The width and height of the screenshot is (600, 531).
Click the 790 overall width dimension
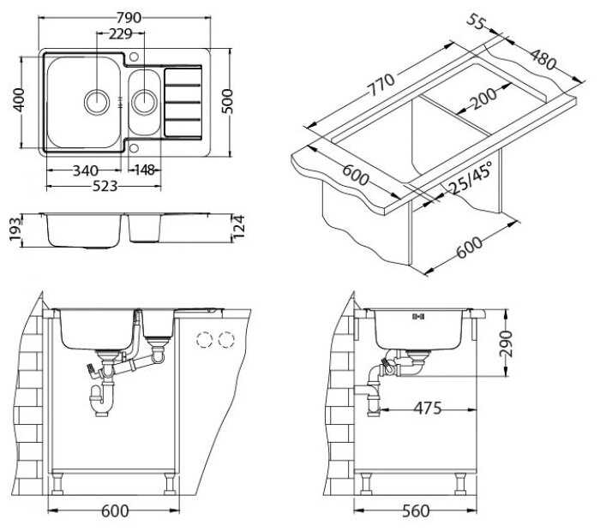click(129, 18)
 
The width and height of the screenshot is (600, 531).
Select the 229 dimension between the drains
click(121, 34)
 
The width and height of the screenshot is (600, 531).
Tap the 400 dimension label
click(19, 100)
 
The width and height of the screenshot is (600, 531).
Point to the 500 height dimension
click(227, 101)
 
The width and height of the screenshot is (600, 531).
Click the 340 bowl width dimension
click(86, 170)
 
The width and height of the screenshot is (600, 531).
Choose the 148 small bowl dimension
click(145, 170)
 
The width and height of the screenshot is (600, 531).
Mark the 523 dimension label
click(105, 186)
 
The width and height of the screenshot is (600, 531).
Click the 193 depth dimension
click(15, 230)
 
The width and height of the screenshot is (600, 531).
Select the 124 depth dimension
click(238, 227)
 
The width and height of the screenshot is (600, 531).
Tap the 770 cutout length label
click(381, 85)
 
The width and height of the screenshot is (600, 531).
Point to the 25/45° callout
click(470, 177)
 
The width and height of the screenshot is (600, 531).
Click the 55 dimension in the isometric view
click(476, 21)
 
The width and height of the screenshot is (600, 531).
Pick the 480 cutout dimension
click(543, 58)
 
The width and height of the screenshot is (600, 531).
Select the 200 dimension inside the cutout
click(483, 98)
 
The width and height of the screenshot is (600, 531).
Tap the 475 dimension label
click(428, 409)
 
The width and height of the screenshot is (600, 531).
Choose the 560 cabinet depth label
click(417, 511)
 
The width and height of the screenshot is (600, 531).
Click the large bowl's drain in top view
click(97, 102)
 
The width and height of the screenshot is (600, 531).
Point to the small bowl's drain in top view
click(144, 102)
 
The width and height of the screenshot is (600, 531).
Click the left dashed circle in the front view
click(204, 338)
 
